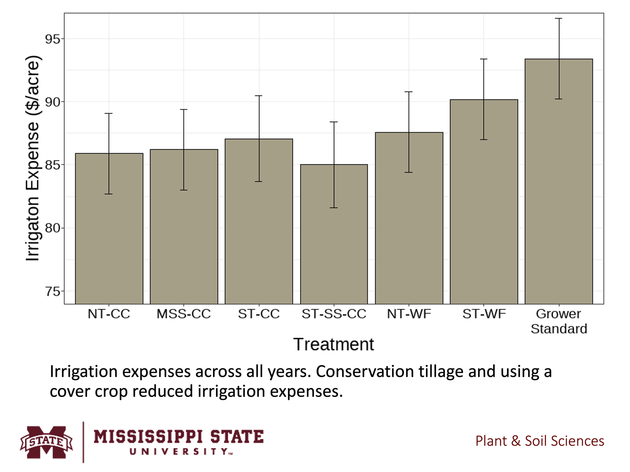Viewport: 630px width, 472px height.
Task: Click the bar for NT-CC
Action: click(109, 229)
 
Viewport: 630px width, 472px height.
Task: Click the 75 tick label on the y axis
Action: click(53, 291)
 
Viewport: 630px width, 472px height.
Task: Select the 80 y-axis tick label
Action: click(53, 228)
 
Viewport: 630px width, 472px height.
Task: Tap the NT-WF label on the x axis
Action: click(409, 314)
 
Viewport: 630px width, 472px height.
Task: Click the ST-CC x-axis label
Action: click(259, 314)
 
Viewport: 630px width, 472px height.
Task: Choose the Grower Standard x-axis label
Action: click(558, 321)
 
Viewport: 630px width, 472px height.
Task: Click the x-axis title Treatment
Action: click(334, 344)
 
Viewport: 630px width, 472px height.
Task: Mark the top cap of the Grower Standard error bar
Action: click(558, 19)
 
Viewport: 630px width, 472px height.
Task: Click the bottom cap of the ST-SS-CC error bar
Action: click(334, 208)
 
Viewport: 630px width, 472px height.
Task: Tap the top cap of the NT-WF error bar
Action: click(409, 92)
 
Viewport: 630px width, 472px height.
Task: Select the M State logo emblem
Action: click(46, 442)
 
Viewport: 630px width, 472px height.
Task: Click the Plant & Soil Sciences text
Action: click(539, 441)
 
